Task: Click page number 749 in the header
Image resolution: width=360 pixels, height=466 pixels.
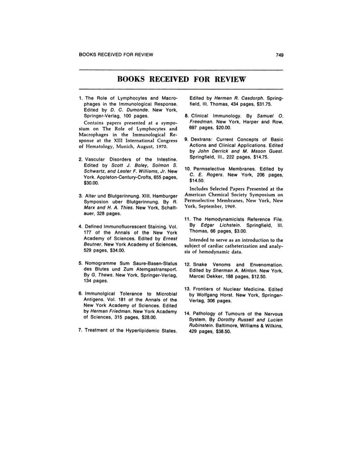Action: (x=279, y=55)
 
